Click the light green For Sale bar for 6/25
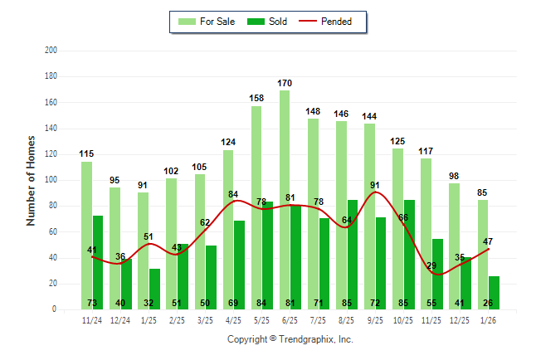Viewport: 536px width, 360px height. coord(285,199)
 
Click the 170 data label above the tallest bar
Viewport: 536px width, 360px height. coord(285,83)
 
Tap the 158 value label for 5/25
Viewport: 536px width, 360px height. coord(256,99)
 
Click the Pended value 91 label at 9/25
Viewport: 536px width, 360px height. coord(375,185)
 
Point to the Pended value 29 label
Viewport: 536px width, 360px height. coord(431,265)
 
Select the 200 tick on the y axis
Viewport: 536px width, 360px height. coord(51,51)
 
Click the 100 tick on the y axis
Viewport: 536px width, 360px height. coord(51,180)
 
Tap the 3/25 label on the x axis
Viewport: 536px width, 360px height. coord(204,319)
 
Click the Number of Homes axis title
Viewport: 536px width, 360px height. coord(31,180)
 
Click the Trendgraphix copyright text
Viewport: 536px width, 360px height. coord(290,339)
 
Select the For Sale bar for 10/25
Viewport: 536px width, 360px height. coord(397,228)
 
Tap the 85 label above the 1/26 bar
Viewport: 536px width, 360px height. coord(483,193)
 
